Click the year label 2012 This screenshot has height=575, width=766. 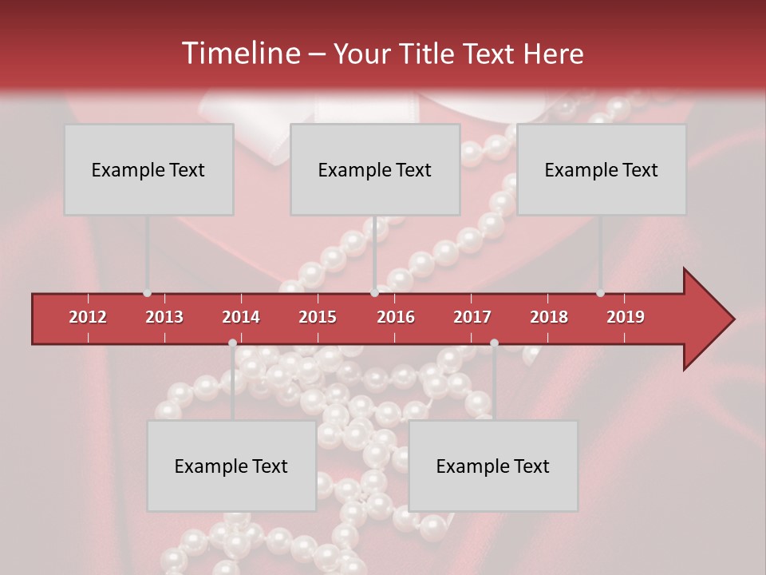pos(88,317)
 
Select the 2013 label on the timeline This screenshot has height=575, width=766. pos(164,317)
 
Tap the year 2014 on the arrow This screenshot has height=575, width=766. pos(241,317)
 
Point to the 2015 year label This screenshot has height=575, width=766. pos(318,317)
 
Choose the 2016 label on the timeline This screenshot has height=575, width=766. pos(396,317)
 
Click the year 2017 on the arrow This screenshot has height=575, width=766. pos(472,317)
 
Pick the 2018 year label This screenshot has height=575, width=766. pos(549,317)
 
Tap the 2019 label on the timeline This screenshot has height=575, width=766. pos(626,317)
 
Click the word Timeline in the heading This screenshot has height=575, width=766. pos(239,54)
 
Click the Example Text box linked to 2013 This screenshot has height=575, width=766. pos(148,169)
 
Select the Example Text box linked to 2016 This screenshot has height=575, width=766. pos(375,169)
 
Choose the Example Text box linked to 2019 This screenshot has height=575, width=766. pos(602,169)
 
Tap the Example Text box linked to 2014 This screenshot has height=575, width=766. pos(231,466)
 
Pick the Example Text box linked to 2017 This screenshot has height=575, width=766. pos(493,466)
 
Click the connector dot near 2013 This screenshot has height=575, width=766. pos(147,293)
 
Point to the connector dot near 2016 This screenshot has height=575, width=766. pos(374,293)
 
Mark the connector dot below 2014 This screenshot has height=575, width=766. pos(232,343)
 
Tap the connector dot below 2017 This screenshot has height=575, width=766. pos(494,343)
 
